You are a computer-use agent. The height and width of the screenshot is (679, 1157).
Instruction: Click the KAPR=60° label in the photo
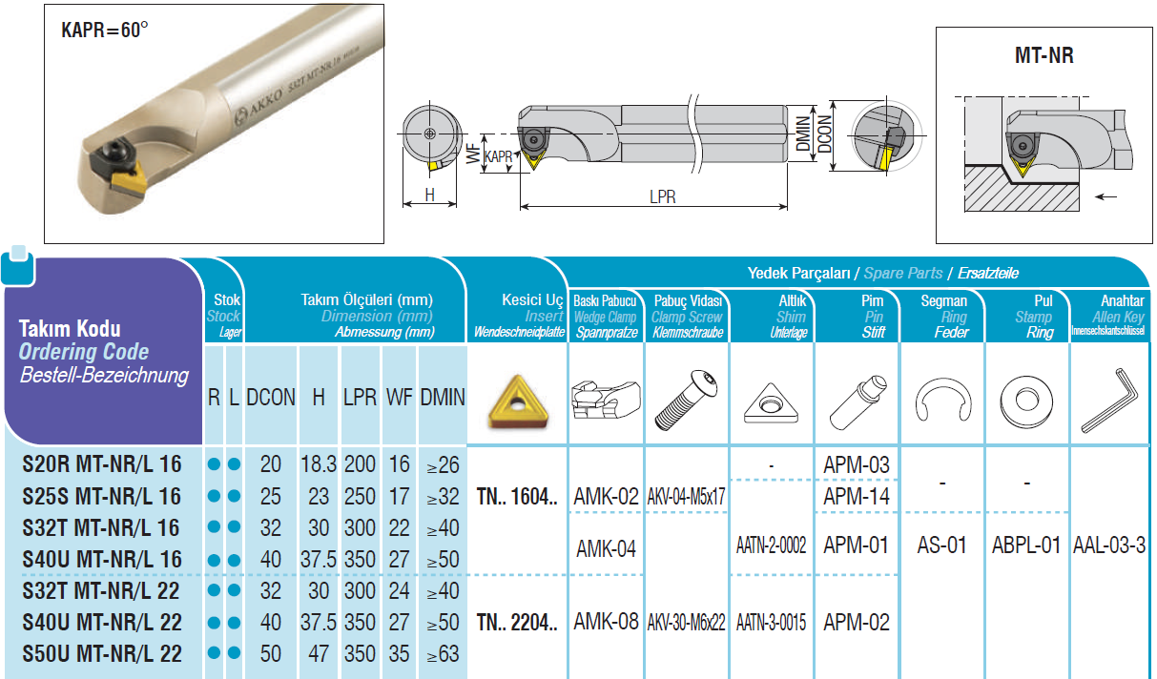coord(105,30)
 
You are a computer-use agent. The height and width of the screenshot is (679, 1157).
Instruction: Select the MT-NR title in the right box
coord(1043,55)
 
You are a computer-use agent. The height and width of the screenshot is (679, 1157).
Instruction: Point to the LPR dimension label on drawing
coord(663,196)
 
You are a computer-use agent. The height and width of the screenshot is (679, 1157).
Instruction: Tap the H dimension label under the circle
coord(429,195)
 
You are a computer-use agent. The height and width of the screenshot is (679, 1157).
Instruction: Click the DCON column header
coord(271,397)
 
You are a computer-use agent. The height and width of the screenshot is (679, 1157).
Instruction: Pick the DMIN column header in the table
coord(443,397)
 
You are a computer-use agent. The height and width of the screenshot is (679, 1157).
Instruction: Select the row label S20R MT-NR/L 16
coord(102,464)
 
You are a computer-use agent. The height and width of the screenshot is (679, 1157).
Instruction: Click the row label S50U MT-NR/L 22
coord(102,653)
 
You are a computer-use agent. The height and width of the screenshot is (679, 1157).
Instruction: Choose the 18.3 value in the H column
coord(319,464)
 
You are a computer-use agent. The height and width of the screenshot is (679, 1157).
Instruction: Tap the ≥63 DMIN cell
coord(444,654)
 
